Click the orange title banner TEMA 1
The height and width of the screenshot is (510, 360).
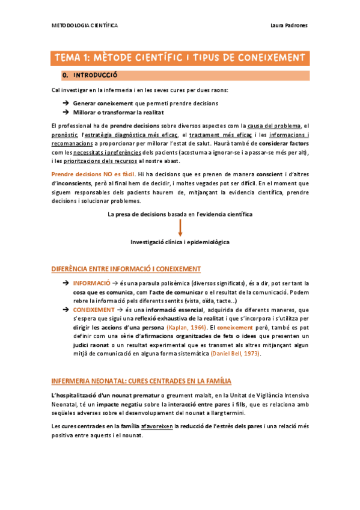tap(180, 58)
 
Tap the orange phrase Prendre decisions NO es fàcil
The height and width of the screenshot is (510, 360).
tap(90, 173)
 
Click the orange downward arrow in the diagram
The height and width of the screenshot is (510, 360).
tap(180, 227)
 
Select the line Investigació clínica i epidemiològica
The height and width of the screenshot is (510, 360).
tap(180, 242)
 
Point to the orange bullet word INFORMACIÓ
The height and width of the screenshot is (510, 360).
tap(91, 282)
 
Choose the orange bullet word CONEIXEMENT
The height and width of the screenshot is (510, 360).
tap(94, 309)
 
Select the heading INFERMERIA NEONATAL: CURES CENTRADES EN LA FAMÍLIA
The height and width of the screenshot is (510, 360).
tap(141, 381)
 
